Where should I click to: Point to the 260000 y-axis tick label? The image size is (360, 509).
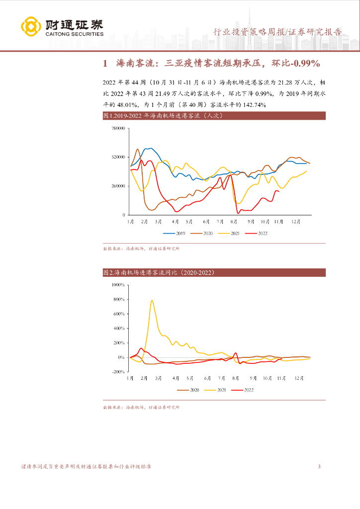117,186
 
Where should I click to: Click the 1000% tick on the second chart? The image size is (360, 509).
119,285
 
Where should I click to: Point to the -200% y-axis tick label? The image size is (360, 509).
119,372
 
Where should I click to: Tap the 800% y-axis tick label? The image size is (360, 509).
120,300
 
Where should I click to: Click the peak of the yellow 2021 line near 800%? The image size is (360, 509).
152,300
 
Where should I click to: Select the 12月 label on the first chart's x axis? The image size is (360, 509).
295,221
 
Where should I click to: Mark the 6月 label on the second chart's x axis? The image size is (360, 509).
206,378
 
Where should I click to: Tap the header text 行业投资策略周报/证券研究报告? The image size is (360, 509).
277,32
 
